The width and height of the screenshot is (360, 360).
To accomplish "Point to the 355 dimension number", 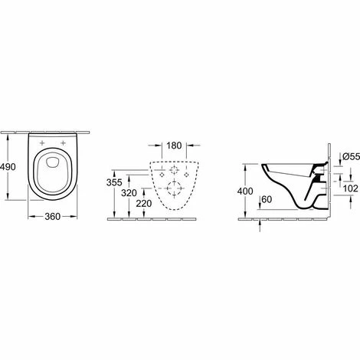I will [x=113, y=183].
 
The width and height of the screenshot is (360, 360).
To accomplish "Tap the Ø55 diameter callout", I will [x=342, y=157].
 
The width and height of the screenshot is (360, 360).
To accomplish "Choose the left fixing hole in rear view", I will [x=163, y=174].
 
